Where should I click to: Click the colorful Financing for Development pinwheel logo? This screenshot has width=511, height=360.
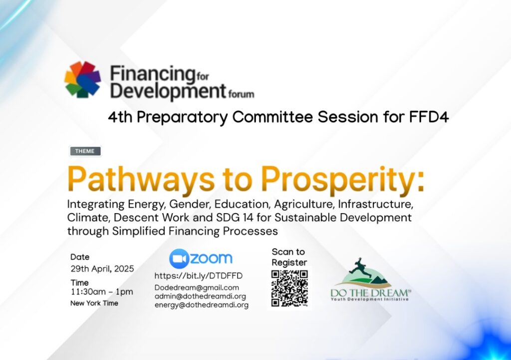(x=83, y=79)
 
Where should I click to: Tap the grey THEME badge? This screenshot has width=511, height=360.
(x=85, y=151)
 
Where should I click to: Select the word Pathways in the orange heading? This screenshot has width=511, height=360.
(x=141, y=180)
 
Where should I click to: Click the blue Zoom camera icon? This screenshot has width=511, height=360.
(x=179, y=259)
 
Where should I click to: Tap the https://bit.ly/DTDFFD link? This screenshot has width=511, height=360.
(x=199, y=276)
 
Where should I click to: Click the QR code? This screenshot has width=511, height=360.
(x=289, y=288)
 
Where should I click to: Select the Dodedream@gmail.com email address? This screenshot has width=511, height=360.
(x=197, y=288)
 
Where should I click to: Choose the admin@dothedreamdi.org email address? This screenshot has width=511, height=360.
(x=200, y=297)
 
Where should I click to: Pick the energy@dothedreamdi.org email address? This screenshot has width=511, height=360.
(x=202, y=305)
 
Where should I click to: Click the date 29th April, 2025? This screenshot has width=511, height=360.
(x=102, y=269)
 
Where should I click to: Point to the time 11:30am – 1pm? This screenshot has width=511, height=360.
(x=102, y=292)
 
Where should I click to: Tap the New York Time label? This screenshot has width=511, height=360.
(x=94, y=303)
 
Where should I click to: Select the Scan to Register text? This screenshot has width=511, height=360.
(x=289, y=257)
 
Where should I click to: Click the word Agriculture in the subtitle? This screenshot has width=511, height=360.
(x=304, y=204)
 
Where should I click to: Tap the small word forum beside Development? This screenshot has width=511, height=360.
(x=241, y=94)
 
